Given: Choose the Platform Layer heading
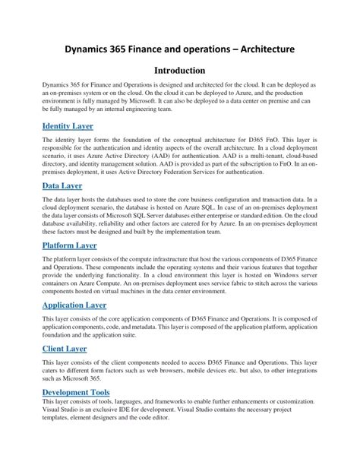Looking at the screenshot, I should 69,245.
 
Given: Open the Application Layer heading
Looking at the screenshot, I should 74,305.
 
